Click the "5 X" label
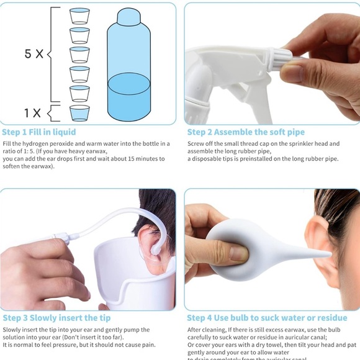pos(34,54)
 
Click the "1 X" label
pos(32,113)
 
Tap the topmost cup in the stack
pos(79,16)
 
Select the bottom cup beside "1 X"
pos(79,112)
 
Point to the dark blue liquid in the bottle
pos(128,97)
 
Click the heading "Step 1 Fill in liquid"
pos(39,132)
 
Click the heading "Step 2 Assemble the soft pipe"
pos(246,132)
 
